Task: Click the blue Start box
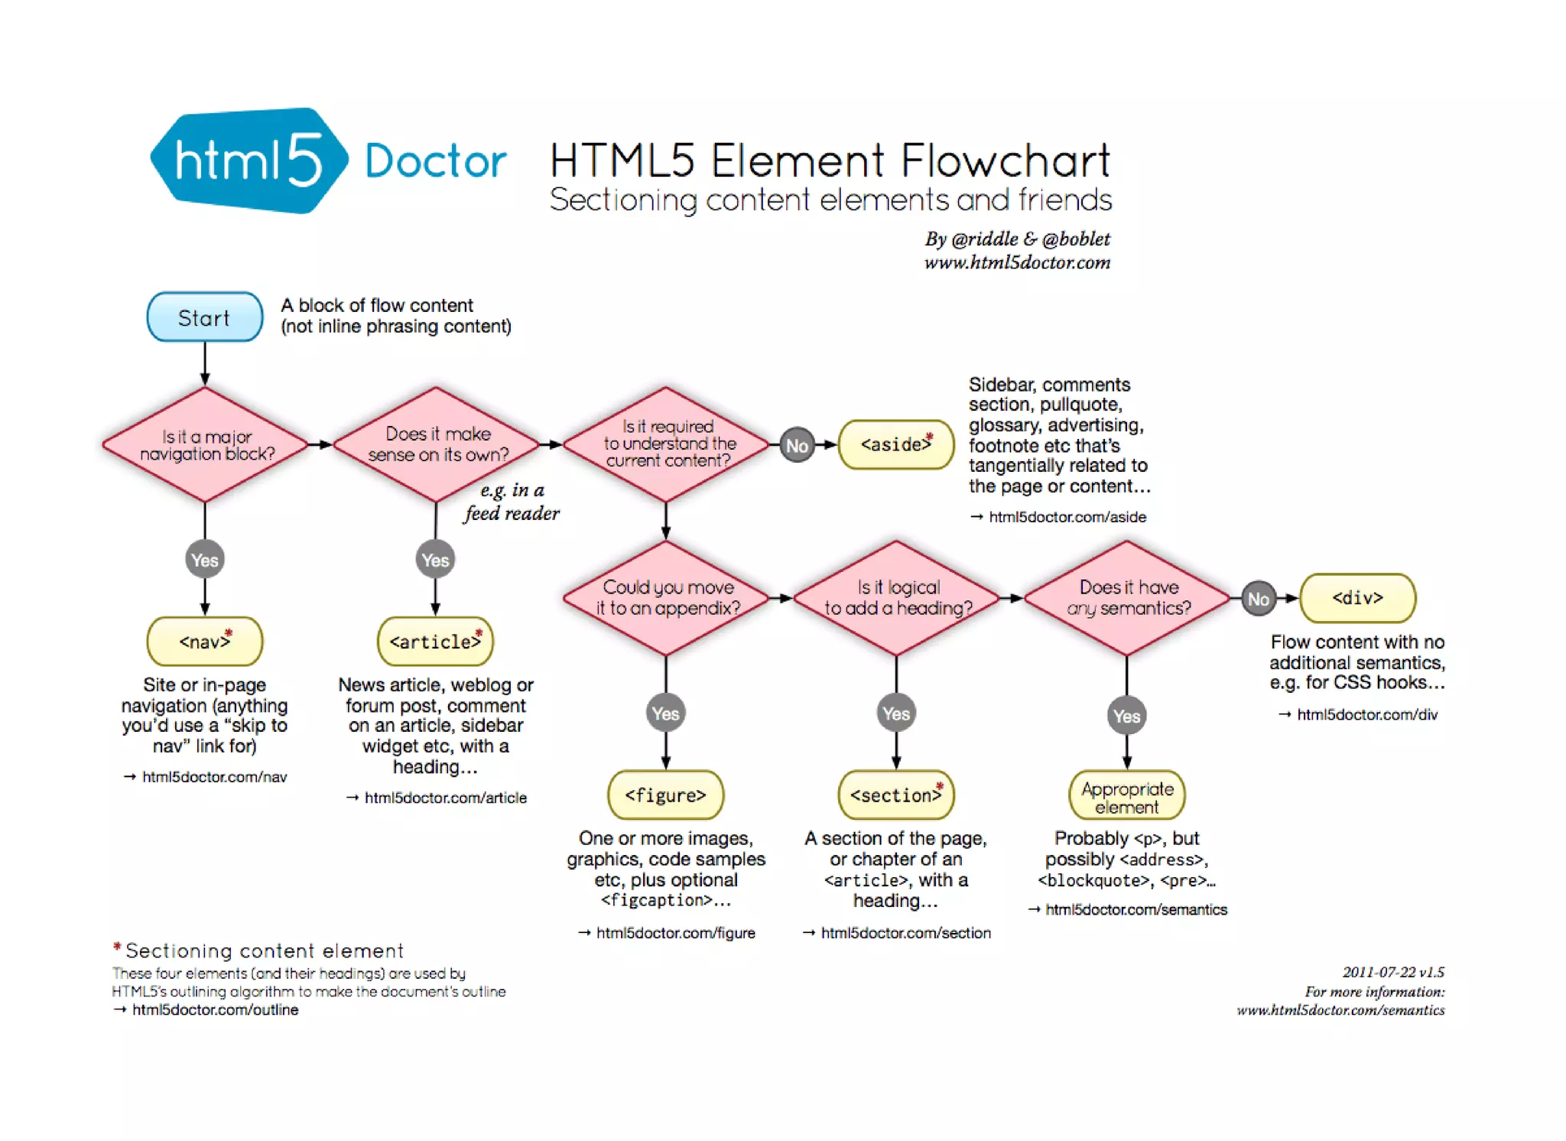(x=205, y=317)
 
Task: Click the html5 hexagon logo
(x=249, y=161)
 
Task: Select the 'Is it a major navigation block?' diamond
(x=206, y=444)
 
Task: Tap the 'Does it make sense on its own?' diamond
(x=437, y=444)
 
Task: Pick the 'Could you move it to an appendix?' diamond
(x=667, y=598)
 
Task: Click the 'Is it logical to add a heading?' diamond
(x=897, y=598)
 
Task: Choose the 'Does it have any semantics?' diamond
(x=1128, y=598)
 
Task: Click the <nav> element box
(x=205, y=641)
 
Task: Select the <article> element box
(x=436, y=641)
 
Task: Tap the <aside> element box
(x=896, y=444)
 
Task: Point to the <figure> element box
(x=666, y=795)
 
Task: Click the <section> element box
(x=896, y=795)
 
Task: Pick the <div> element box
(x=1358, y=598)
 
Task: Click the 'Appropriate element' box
(x=1127, y=795)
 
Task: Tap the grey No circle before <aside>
(x=797, y=445)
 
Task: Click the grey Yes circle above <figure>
(x=666, y=714)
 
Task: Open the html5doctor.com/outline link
(x=215, y=1009)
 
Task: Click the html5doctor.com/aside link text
(x=1067, y=517)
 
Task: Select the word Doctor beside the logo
(x=436, y=161)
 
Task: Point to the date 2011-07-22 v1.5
(x=1393, y=972)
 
